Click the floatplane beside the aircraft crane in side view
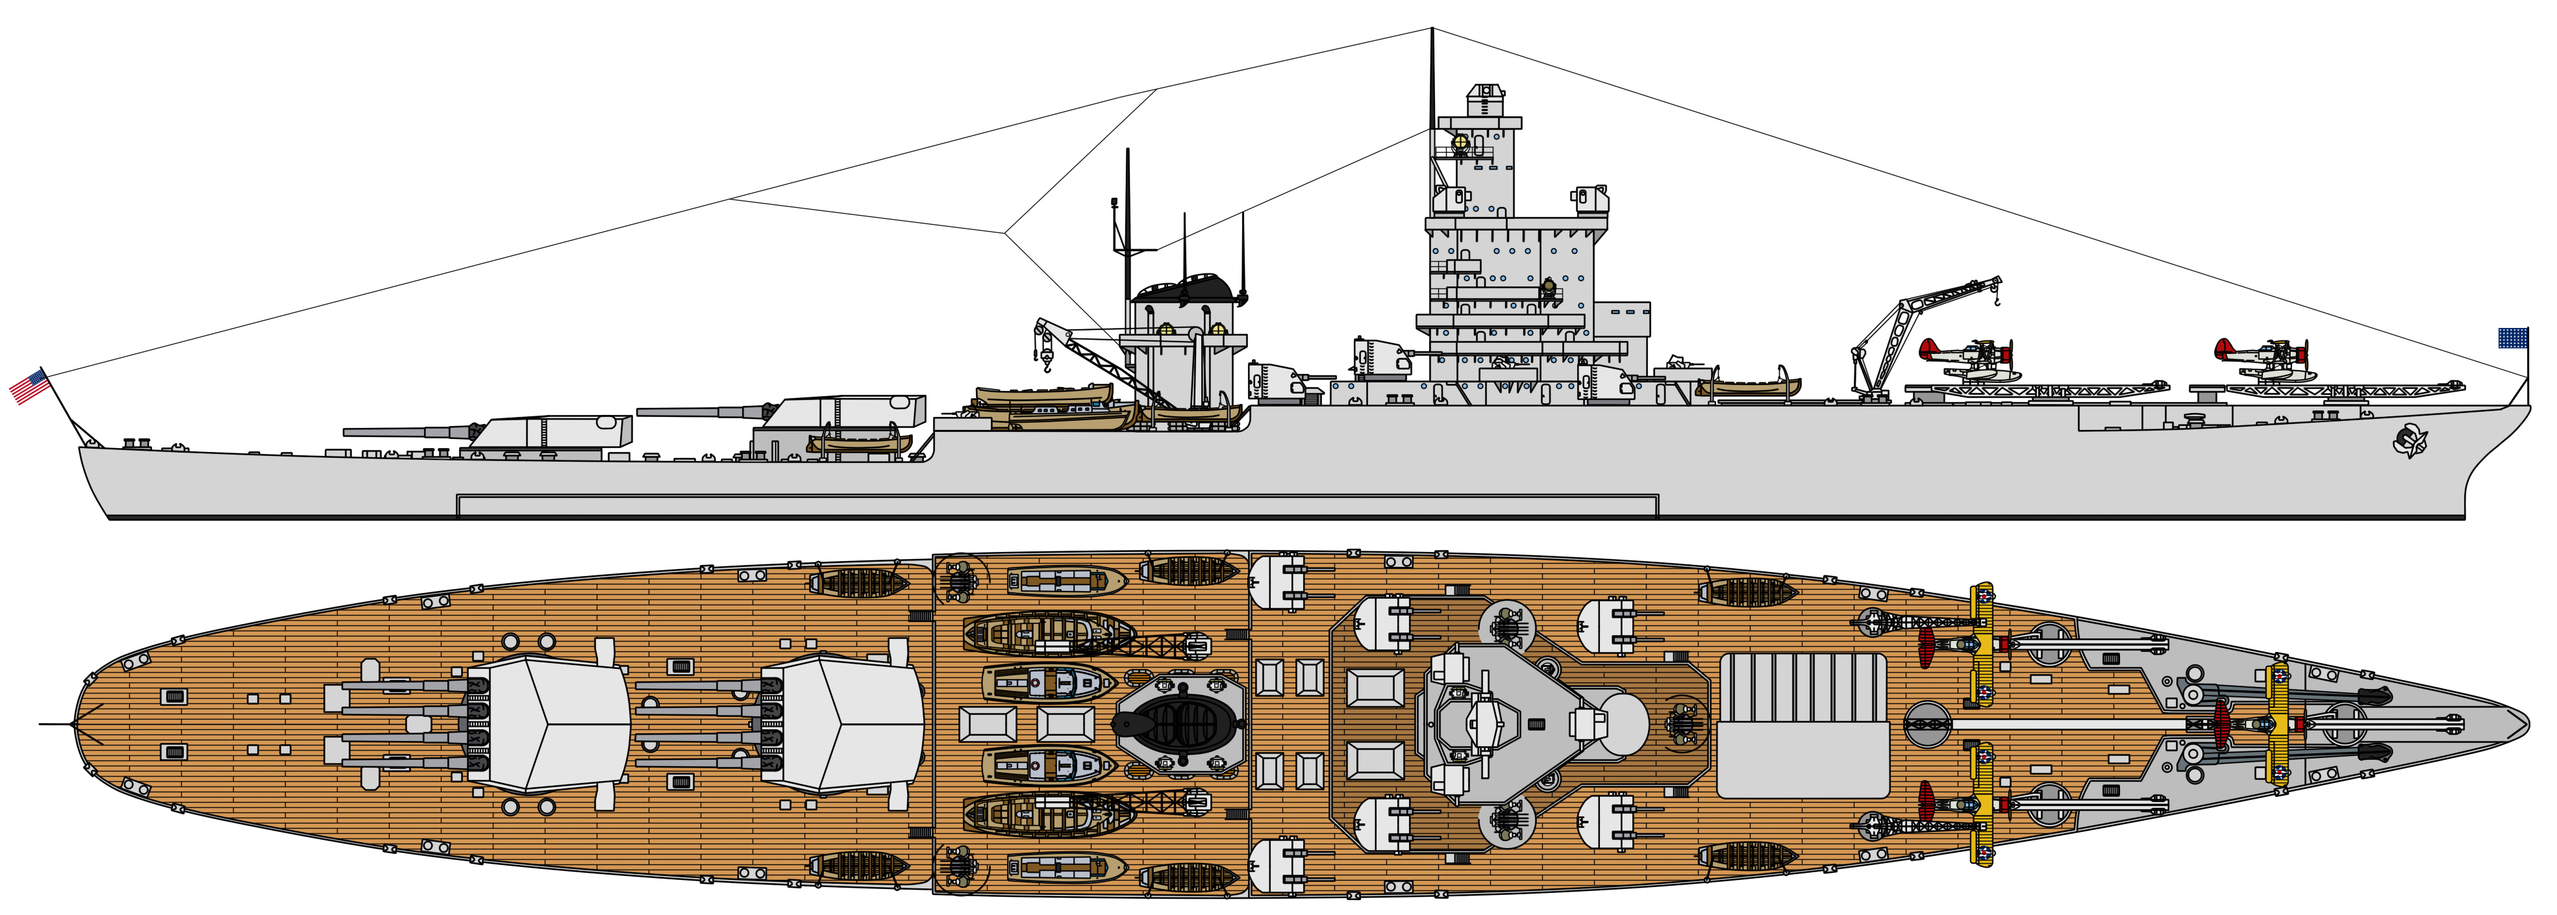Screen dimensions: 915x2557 [x=1966, y=357]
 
